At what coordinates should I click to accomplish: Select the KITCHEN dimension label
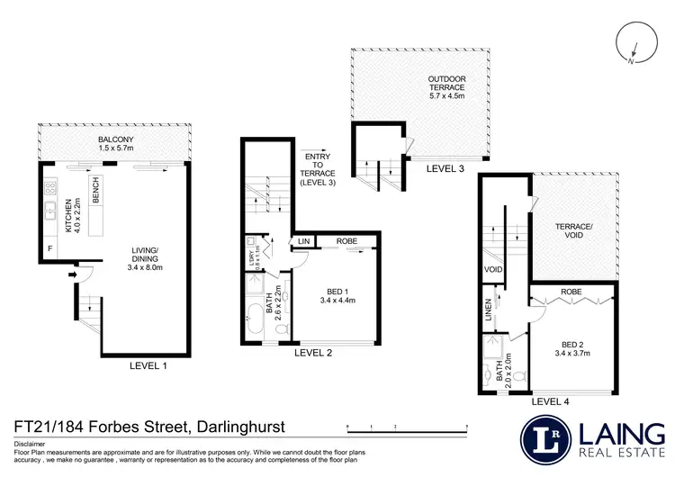pyautogui.click(x=69, y=214)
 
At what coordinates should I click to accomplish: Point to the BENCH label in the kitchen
pyautogui.click(x=95, y=190)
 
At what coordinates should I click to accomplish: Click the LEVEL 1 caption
pyautogui.click(x=148, y=365)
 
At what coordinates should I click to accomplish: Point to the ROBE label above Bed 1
pyautogui.click(x=347, y=240)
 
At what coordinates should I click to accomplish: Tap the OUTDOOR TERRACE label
pyautogui.click(x=446, y=88)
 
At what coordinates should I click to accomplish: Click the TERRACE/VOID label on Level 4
pyautogui.click(x=572, y=229)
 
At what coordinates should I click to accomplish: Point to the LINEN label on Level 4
pyautogui.click(x=489, y=309)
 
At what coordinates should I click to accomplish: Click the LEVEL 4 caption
pyautogui.click(x=551, y=401)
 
